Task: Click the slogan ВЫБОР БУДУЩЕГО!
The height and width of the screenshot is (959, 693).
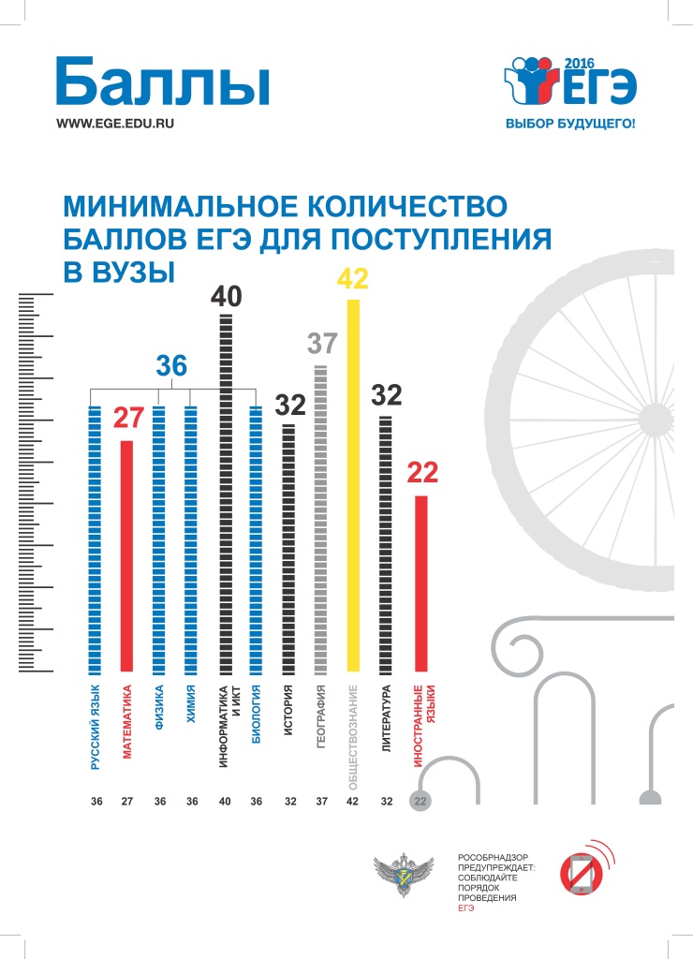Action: click(569, 124)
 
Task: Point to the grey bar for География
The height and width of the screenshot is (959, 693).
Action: click(321, 519)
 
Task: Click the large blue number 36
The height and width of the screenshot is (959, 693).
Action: click(171, 367)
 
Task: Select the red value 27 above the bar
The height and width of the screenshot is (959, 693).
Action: click(126, 418)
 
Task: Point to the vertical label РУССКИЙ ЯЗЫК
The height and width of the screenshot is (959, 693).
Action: click(95, 729)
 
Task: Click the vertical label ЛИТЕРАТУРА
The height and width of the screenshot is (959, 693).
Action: click(385, 719)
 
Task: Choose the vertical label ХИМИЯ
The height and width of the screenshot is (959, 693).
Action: click(191, 706)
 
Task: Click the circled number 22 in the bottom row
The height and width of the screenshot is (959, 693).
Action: click(420, 802)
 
